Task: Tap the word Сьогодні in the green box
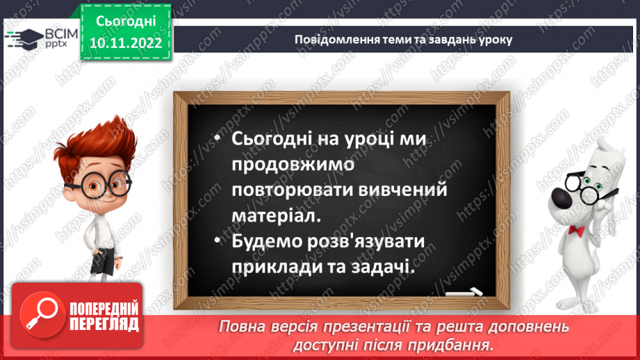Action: click(125, 23)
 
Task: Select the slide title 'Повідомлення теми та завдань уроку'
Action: click(404, 40)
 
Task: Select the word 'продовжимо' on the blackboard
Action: click(293, 165)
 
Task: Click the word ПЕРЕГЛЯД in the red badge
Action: click(104, 323)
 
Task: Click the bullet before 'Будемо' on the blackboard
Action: click(218, 242)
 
